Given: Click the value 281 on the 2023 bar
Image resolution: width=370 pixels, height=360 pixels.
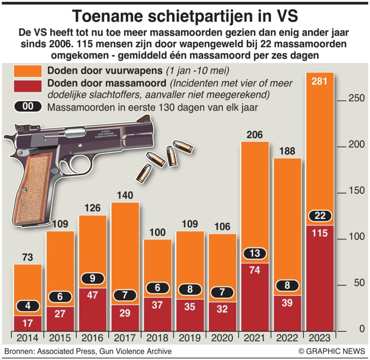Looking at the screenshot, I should click(320, 81).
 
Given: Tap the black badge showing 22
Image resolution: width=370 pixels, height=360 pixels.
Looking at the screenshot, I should click(320, 216).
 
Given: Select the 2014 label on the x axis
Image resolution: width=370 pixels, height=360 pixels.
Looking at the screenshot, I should click(28, 338).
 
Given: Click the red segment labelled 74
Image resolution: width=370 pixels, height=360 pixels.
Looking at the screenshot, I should click(255, 270).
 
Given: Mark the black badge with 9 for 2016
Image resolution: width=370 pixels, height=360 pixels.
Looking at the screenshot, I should click(92, 278).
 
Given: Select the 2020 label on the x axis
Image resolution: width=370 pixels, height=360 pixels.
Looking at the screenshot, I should click(222, 338).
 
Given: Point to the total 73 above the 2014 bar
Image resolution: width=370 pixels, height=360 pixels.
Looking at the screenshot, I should click(27, 258).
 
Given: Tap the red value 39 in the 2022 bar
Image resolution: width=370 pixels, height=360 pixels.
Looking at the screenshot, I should click(287, 303).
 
